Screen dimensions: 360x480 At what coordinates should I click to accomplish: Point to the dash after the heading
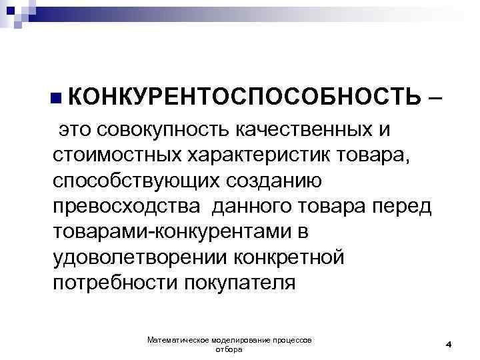click(435, 97)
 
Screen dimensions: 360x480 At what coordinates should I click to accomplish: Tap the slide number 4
click(449, 344)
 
